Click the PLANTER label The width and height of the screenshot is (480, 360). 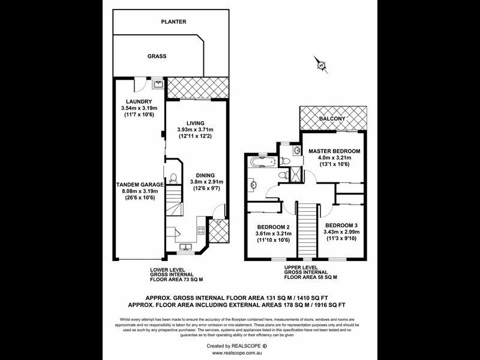coord(173,22)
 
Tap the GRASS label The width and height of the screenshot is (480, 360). coord(157,56)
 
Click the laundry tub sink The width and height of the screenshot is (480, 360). coord(158,85)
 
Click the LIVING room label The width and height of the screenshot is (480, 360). coord(195,122)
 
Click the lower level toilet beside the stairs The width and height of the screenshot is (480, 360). coord(172,178)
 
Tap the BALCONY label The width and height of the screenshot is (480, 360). coord(332,119)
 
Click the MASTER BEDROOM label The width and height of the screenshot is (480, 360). coord(334,151)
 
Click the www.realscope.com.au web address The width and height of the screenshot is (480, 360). coord(239,354)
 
